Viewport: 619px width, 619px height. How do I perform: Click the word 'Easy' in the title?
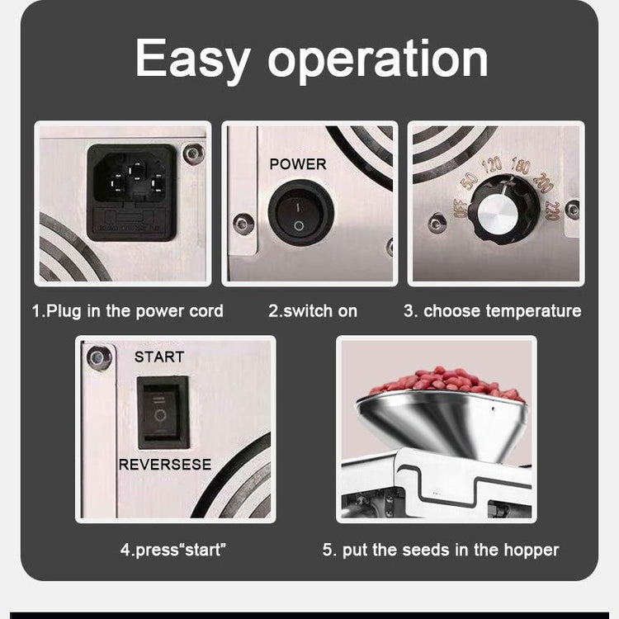[x=192, y=59]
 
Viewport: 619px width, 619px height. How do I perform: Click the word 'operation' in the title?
[x=378, y=60]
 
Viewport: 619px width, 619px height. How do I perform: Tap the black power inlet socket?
[x=131, y=192]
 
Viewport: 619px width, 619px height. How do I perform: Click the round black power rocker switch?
[x=300, y=213]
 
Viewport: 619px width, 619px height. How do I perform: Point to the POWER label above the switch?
[x=298, y=164]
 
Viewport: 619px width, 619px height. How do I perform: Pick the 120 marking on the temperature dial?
[x=492, y=165]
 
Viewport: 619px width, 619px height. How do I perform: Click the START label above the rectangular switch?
[x=159, y=357]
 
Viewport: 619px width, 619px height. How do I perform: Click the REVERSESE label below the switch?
[x=165, y=465]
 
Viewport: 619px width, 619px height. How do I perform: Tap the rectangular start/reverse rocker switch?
[x=163, y=413]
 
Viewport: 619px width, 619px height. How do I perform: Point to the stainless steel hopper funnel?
[x=442, y=424]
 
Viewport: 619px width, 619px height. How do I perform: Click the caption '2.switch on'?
[x=313, y=311]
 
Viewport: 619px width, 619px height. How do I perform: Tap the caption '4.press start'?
[x=173, y=550]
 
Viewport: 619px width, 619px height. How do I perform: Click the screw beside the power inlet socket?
[x=194, y=154]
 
